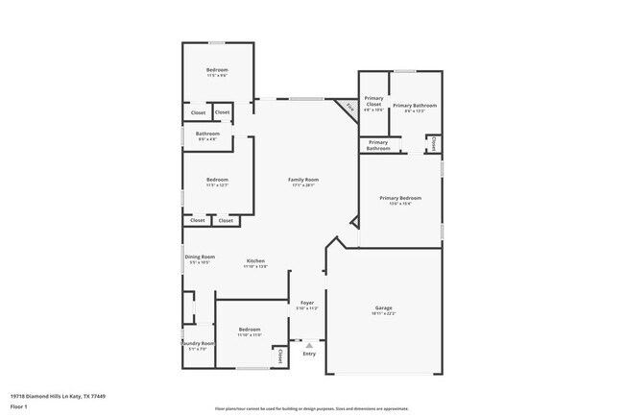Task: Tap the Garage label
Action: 383,308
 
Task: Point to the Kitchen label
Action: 255,260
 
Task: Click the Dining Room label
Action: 200,257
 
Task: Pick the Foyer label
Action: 307,303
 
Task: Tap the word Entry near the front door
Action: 309,354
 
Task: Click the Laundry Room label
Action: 199,343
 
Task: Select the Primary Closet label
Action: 373,101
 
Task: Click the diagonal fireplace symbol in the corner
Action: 349,108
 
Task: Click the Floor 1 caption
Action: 19,405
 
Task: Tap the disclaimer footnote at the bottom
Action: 311,409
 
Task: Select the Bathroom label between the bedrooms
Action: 207,134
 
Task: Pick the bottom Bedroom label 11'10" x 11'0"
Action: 249,331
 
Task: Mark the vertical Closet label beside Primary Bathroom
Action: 434,143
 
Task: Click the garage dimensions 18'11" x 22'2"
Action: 383,314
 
